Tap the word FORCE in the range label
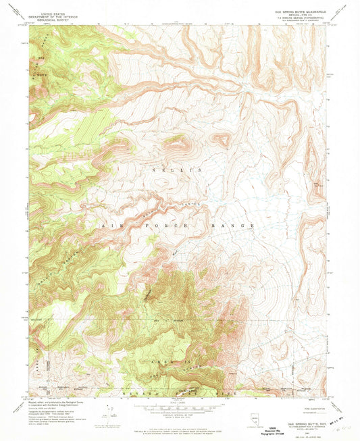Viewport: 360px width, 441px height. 159,226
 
